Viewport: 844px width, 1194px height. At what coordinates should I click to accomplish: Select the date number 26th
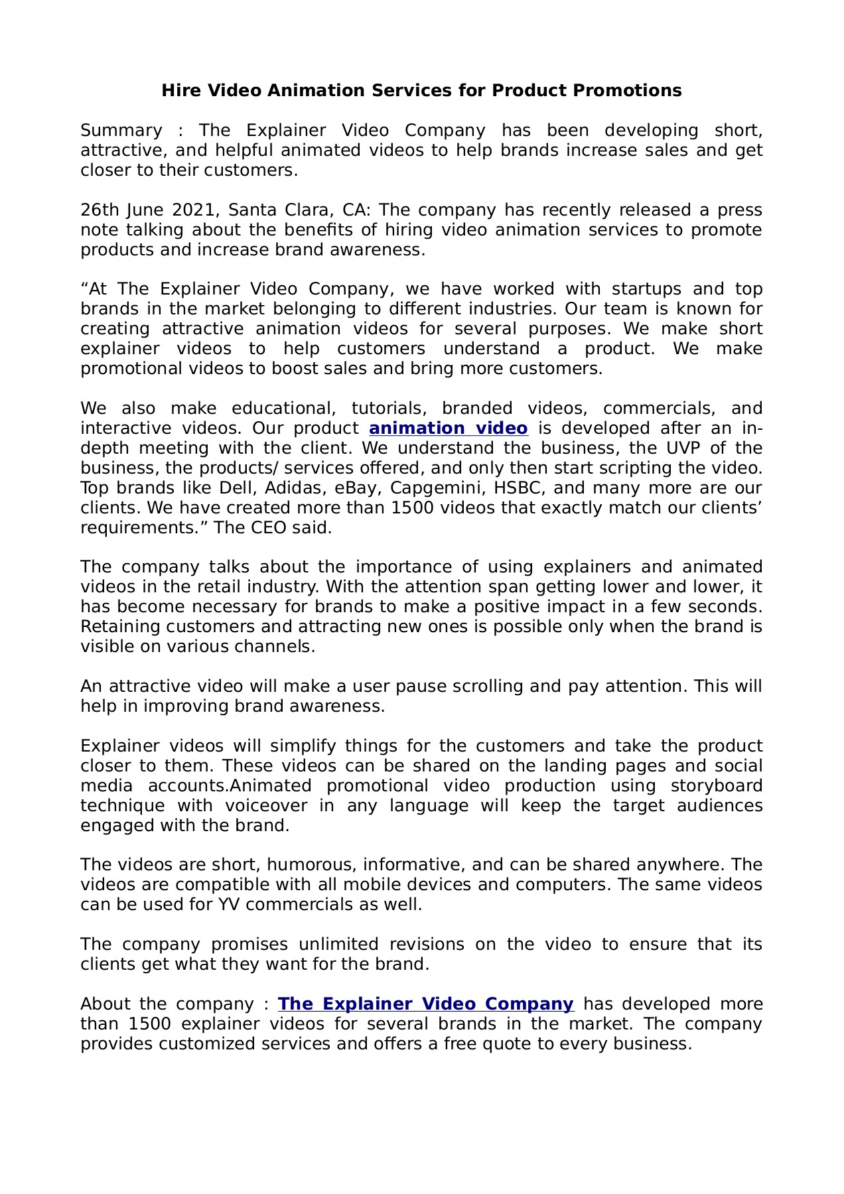coord(99,210)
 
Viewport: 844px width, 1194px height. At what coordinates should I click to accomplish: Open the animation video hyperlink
coord(448,429)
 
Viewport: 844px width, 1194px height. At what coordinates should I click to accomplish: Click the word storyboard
coord(717,786)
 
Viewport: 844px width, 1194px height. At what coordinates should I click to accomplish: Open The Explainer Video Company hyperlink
coord(425,1004)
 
